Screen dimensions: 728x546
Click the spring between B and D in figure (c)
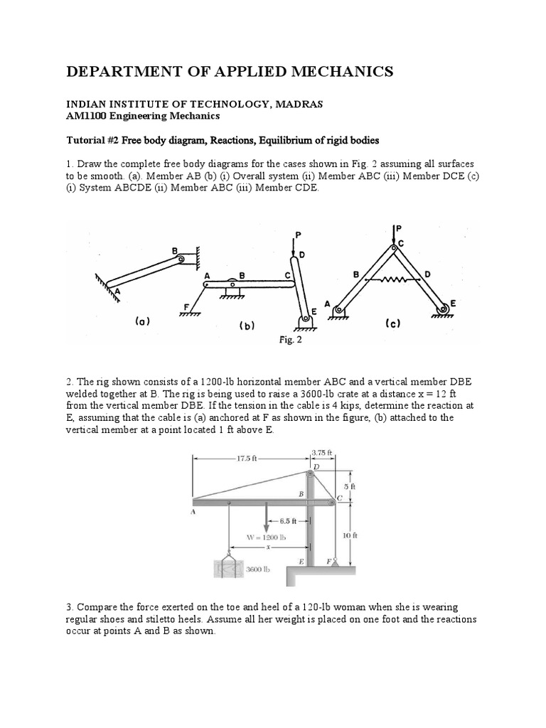[393, 279]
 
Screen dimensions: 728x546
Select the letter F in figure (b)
[187, 306]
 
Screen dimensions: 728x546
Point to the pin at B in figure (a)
[181, 259]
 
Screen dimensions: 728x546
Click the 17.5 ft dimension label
[246, 459]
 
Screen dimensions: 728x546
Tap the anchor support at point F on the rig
[335, 562]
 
